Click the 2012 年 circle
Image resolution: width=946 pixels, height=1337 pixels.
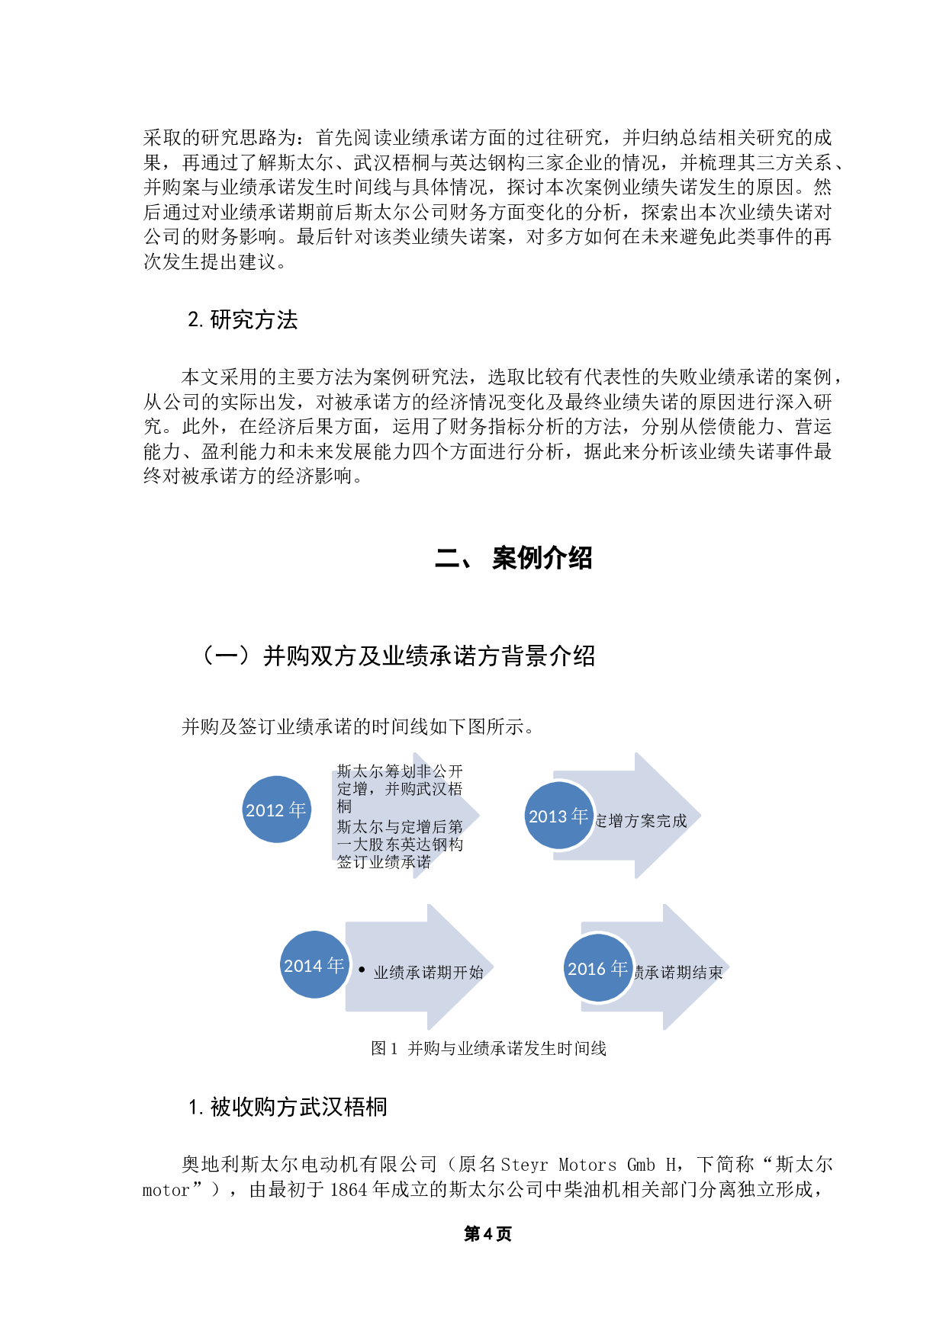pyautogui.click(x=276, y=810)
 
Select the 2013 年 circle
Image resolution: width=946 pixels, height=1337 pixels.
pyautogui.click(x=559, y=816)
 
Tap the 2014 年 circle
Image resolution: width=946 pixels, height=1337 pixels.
pyautogui.click(x=314, y=965)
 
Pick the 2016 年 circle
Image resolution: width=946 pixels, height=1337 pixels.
pyautogui.click(x=597, y=968)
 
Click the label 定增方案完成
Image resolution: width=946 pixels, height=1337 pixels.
pyautogui.click(x=641, y=821)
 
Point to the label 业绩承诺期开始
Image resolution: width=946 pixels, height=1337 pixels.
pyautogui.click(x=429, y=973)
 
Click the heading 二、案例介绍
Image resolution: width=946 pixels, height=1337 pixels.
pyautogui.click(x=513, y=558)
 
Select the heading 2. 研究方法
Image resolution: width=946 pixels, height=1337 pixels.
pyautogui.click(x=243, y=320)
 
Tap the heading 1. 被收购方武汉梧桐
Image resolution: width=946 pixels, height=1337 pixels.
pyautogui.click(x=288, y=1107)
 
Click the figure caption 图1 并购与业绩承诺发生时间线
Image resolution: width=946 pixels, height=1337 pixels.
pyautogui.click(x=488, y=1049)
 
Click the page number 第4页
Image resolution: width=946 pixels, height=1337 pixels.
pyautogui.click(x=487, y=1234)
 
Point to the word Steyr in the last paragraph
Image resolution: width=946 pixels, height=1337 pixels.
pyautogui.click(x=524, y=1165)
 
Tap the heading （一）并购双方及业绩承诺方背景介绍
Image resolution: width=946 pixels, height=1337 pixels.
pyautogui.click(x=397, y=656)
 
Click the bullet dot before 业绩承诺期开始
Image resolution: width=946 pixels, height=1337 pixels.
pyautogui.click(x=362, y=970)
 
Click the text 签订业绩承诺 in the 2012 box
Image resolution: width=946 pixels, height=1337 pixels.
pyautogui.click(x=384, y=862)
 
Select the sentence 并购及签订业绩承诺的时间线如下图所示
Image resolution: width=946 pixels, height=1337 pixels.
pyautogui.click(x=356, y=727)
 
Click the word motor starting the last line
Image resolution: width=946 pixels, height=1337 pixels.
pyautogui.click(x=166, y=1190)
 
